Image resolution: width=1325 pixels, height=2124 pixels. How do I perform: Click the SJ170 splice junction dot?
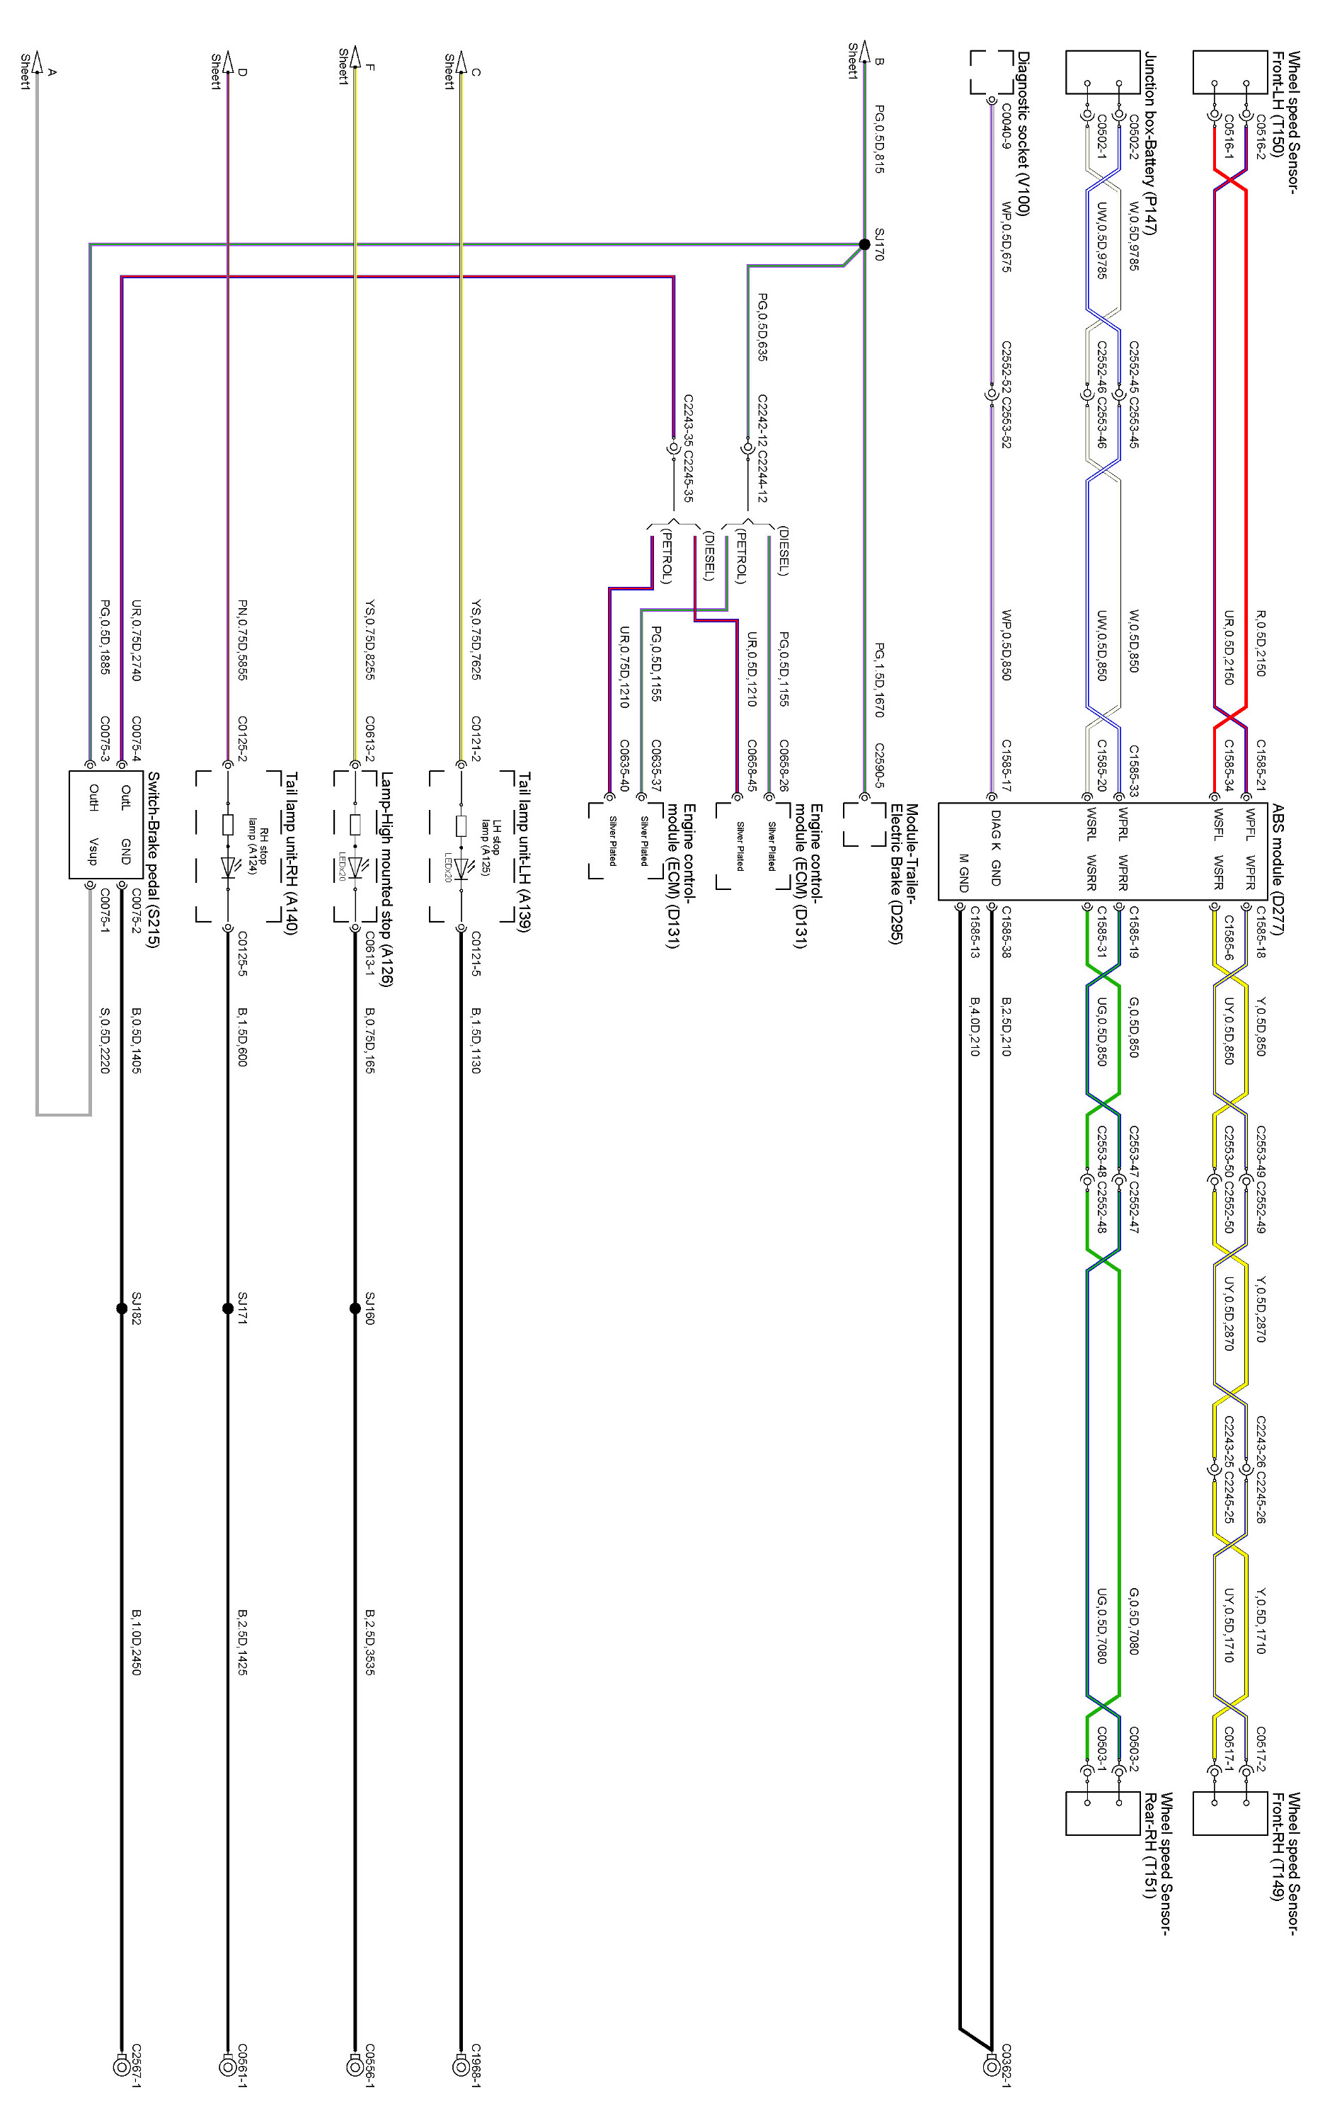[864, 244]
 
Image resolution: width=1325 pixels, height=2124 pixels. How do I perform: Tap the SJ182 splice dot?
[122, 1309]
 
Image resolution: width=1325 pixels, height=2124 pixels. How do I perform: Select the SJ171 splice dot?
[228, 1309]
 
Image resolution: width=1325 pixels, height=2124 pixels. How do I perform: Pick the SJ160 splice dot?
[355, 1309]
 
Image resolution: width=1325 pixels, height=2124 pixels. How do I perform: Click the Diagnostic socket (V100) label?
[1023, 133]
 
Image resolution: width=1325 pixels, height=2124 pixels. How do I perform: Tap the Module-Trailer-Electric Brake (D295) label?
[903, 874]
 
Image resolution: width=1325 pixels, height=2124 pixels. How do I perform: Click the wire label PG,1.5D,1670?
[879, 680]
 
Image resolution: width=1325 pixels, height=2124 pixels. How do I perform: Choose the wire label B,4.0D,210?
[975, 1026]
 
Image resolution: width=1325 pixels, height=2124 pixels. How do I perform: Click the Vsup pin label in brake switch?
[93, 850]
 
